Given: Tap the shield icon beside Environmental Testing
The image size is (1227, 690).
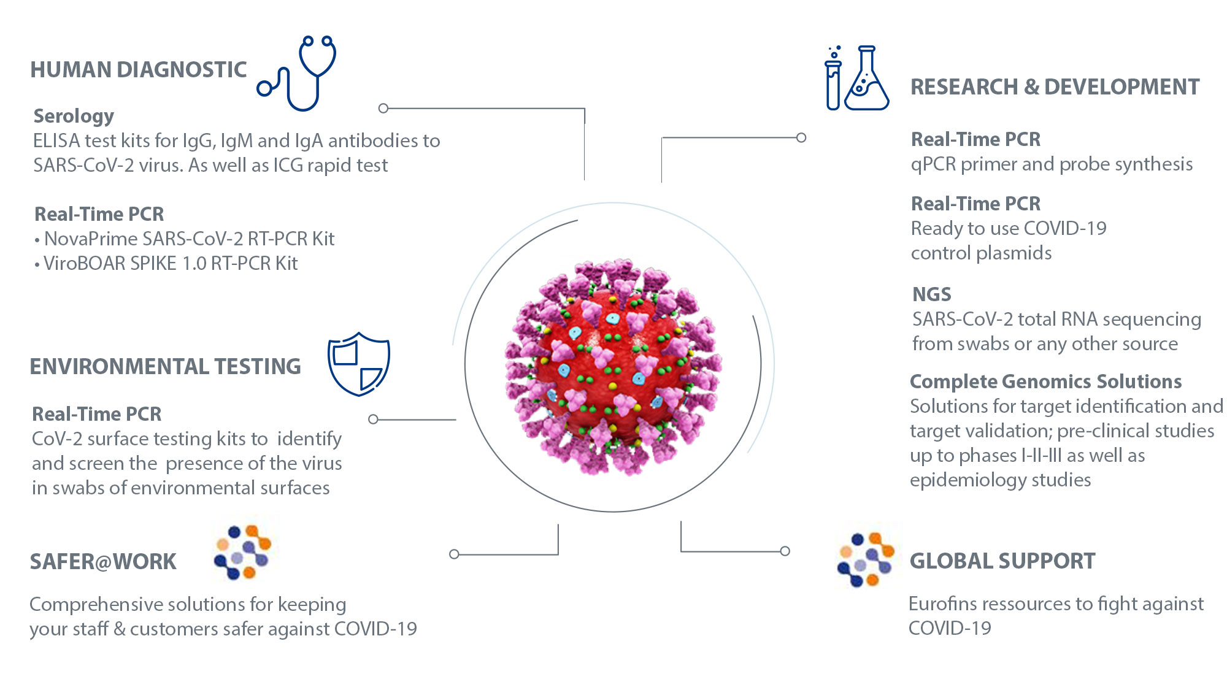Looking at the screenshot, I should tap(359, 364).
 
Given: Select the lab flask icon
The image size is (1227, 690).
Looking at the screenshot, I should tap(867, 80).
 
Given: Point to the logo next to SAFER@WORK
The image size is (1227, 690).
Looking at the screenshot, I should tap(243, 552).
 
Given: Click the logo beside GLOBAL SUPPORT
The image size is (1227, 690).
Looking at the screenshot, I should tap(866, 559).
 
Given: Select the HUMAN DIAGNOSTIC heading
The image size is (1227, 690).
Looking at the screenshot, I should tap(139, 70).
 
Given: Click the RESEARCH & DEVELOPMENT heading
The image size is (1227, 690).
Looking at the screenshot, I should tap(1055, 87).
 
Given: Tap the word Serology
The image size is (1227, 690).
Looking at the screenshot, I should tap(74, 116).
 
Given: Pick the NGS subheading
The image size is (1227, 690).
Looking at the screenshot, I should tap(931, 294).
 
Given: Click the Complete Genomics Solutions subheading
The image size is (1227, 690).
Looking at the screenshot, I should tap(1045, 381).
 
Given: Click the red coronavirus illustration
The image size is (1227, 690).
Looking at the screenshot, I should tap(613, 366).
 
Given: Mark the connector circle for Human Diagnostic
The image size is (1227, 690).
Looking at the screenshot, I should tap(383, 109).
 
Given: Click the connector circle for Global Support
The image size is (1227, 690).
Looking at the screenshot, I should tap(785, 551).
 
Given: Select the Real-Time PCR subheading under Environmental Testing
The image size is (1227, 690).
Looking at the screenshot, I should tap(97, 414).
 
